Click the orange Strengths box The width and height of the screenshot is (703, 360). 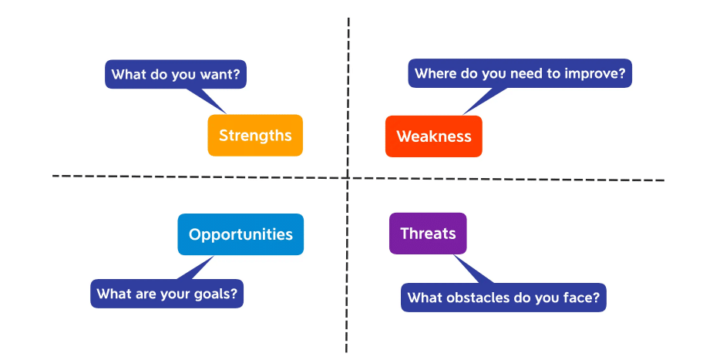point(255,136)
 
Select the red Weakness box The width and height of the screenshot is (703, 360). point(433,136)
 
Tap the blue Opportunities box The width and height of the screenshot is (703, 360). point(240,234)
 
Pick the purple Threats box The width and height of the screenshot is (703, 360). point(428,234)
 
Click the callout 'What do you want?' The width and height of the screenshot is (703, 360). point(176,74)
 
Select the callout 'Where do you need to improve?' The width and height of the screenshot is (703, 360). point(520,73)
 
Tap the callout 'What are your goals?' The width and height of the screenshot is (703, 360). point(166,294)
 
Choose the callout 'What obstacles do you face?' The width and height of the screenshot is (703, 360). point(503,298)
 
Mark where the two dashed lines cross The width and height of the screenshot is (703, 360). point(348,178)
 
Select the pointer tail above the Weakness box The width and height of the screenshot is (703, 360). point(486,100)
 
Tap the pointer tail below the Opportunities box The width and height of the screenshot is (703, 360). point(196,267)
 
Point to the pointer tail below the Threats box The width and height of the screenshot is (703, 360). point(473,269)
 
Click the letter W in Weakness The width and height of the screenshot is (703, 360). point(404,136)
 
